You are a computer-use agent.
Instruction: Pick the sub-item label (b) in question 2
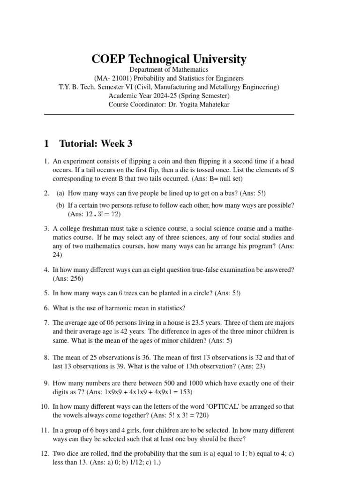60,205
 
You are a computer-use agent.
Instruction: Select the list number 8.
46,357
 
